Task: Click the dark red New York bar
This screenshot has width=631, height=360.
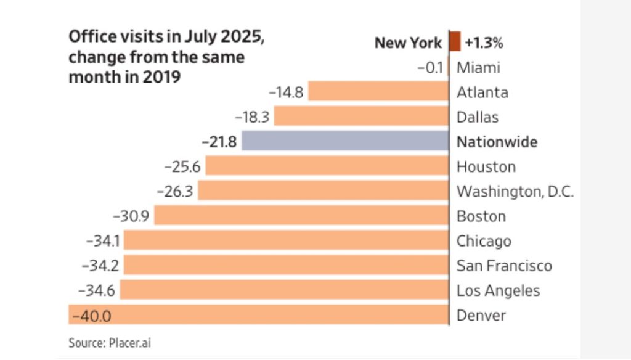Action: (455, 42)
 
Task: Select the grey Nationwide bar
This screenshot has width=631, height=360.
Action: (345, 141)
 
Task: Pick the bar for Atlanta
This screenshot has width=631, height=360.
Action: (378, 92)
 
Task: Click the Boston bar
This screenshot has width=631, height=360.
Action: (301, 216)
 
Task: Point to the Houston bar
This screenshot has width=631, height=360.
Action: (327, 166)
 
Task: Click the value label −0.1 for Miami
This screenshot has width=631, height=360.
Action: (429, 67)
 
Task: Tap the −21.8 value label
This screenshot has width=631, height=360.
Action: (219, 142)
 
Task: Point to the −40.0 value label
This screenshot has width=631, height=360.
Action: (91, 316)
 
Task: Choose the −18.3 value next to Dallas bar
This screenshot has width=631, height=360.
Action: (252, 117)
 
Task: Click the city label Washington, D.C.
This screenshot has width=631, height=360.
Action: (515, 192)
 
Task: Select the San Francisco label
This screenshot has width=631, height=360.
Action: (504, 266)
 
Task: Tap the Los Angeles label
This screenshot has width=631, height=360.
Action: (498, 290)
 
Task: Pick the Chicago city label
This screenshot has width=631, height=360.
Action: (484, 241)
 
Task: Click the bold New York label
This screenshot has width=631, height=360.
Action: (408, 43)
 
